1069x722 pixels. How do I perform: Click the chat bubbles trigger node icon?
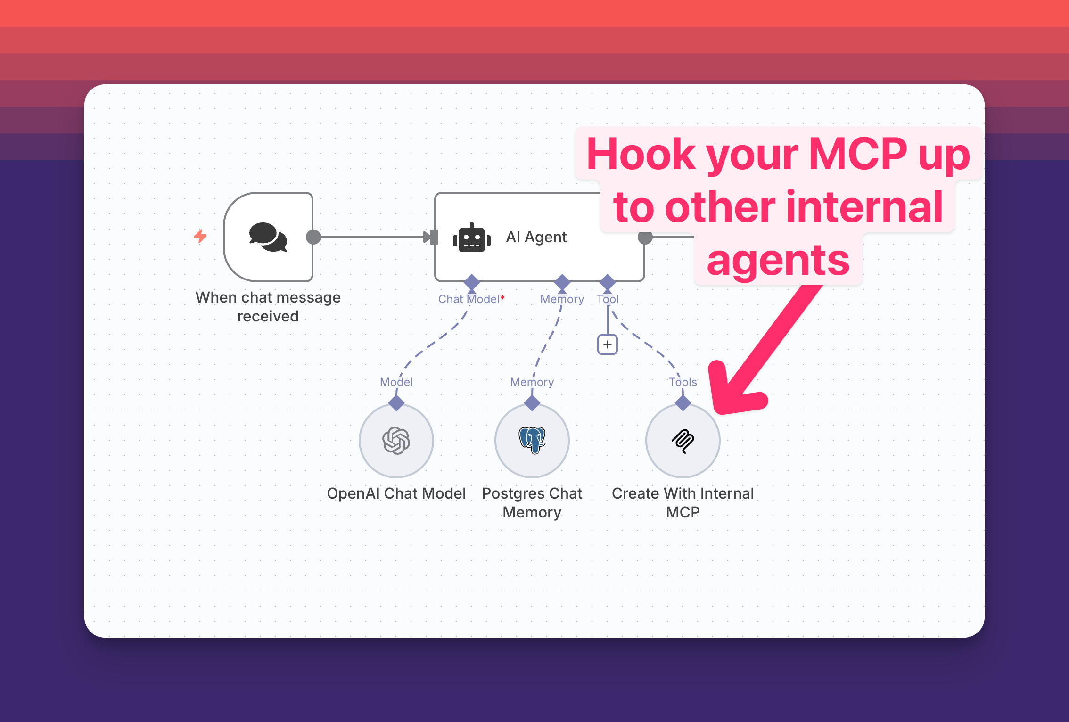(268, 237)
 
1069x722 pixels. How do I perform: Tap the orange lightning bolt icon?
(200, 236)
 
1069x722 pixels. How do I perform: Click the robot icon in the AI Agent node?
(471, 238)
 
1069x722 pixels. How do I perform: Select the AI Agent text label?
(536, 237)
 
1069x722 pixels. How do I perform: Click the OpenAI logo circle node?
(396, 441)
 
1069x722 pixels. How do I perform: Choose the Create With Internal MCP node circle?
(683, 441)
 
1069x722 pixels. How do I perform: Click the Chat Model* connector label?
(469, 299)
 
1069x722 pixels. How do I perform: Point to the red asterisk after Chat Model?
(502, 297)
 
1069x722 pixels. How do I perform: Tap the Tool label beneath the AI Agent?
(608, 299)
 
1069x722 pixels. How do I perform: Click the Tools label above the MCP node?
(683, 382)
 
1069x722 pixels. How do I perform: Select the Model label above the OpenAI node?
(396, 382)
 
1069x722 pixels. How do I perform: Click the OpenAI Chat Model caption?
(396, 493)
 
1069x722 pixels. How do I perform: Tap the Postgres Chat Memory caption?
(532, 502)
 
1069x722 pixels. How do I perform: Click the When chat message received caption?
(268, 306)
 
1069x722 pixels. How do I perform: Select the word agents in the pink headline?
(778, 260)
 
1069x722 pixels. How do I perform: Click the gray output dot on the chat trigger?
(313, 237)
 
